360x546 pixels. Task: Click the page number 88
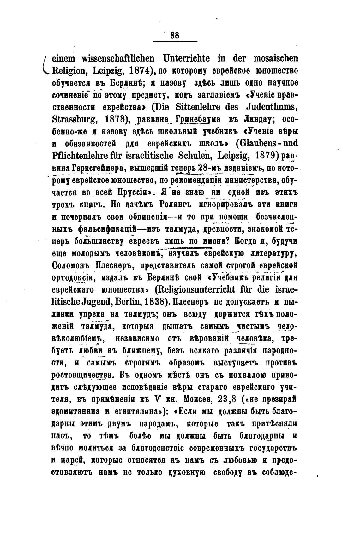tap(175, 35)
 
